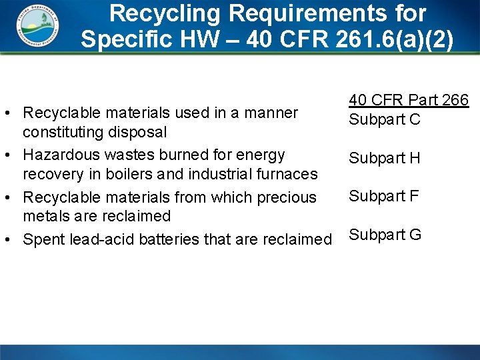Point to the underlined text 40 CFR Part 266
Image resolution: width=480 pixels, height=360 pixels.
409,100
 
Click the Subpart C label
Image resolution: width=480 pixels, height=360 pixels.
385,120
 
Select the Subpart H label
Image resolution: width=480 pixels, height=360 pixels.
385,158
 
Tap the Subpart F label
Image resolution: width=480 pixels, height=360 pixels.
385,195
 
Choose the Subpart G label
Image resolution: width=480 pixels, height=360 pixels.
385,235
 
